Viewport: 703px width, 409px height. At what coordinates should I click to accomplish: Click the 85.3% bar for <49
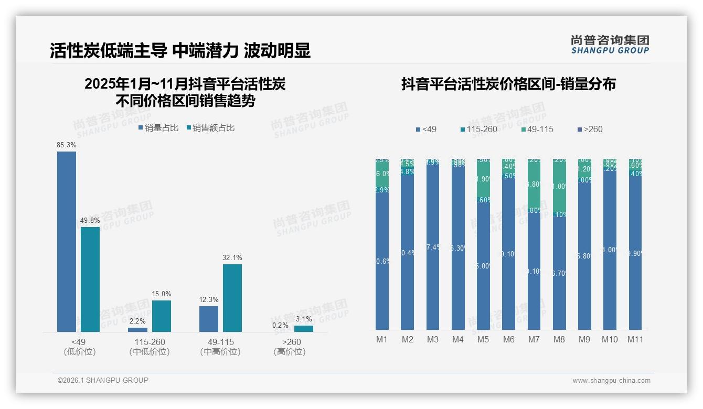[x=67, y=241]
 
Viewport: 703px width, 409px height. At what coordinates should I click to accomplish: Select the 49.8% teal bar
[x=90, y=279]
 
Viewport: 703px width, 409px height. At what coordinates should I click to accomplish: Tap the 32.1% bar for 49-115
[x=232, y=298]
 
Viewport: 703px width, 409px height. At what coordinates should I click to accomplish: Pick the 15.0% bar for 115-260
[x=162, y=316]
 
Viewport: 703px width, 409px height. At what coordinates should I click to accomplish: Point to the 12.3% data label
[x=209, y=300]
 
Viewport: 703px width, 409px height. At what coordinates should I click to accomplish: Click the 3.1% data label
[x=303, y=319]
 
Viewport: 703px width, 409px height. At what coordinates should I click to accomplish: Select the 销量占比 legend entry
[x=158, y=127]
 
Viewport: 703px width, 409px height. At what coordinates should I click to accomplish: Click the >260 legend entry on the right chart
[x=590, y=129]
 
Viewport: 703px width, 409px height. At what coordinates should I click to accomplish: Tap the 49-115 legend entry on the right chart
[x=538, y=129]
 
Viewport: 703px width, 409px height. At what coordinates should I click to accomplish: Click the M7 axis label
[x=534, y=339]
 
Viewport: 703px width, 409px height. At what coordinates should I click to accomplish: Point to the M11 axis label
[x=635, y=339]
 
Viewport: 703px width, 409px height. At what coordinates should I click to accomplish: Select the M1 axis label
[x=381, y=339]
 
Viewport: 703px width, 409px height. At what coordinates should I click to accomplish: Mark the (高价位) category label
[x=290, y=352]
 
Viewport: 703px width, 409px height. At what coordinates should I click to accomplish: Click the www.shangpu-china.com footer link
[x=611, y=381]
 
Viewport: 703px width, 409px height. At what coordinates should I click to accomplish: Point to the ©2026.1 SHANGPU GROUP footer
[x=103, y=380]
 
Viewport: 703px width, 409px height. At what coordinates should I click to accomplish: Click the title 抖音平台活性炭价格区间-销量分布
[x=508, y=84]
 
